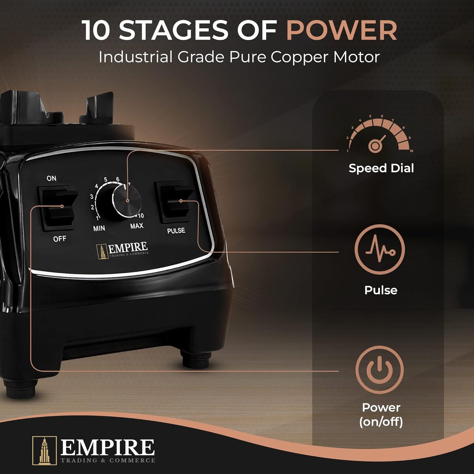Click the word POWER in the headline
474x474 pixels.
[341, 30]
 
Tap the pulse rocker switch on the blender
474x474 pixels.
[174, 202]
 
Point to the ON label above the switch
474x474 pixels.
[52, 178]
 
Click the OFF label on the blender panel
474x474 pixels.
[59, 238]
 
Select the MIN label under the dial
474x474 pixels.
[99, 228]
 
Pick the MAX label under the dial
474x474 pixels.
[137, 226]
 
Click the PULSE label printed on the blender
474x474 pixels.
[176, 231]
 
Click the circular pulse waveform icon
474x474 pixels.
[380, 250]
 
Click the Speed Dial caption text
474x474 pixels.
[381, 169]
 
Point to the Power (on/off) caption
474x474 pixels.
[381, 415]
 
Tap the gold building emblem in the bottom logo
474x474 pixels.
[45, 450]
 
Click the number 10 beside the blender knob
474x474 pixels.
[141, 216]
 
